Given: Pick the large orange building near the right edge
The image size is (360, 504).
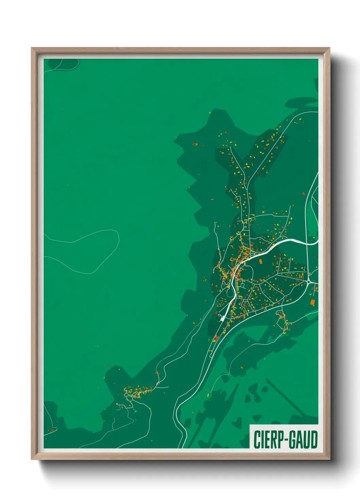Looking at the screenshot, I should point(312,302).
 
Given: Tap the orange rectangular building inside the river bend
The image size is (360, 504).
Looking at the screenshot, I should point(261,261).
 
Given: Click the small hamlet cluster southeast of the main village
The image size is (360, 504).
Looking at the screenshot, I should point(282,322).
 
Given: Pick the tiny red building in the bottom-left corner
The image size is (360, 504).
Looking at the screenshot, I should point(52,430).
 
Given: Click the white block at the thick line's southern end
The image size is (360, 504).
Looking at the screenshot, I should point(222,319).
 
